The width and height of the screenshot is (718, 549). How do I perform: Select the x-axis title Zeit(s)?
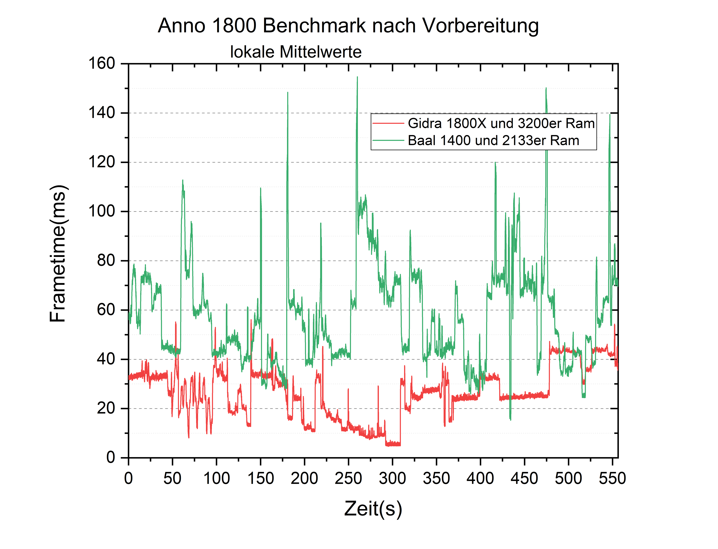(373, 509)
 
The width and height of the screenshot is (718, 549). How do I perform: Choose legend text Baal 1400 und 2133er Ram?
(493, 140)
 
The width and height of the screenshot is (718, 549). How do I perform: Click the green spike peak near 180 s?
(288, 93)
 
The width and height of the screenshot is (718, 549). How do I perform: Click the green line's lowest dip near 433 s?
(510, 419)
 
